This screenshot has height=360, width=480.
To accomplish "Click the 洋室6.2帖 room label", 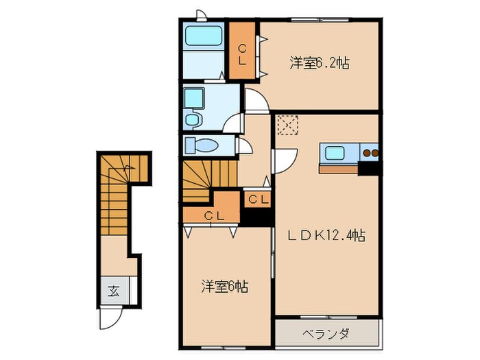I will pyautogui.click(x=319, y=64).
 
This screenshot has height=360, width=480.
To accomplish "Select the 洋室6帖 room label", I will pyautogui.click(x=224, y=286).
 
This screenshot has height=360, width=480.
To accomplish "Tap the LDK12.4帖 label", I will pyautogui.click(x=326, y=235).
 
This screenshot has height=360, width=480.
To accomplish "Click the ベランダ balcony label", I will pyautogui.click(x=326, y=335).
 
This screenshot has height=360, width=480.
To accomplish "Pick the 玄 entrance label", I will pyautogui.click(x=112, y=290).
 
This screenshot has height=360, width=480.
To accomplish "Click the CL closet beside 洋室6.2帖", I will pyautogui.click(x=242, y=53).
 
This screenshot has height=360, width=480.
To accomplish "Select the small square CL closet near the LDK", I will pyautogui.click(x=258, y=200).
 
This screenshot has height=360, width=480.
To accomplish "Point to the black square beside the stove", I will pyautogui.click(x=370, y=167).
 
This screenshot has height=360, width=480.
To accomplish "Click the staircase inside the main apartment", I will pyautogui.click(x=206, y=180).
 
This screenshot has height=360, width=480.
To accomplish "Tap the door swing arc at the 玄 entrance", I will pyautogui.click(x=112, y=317).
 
